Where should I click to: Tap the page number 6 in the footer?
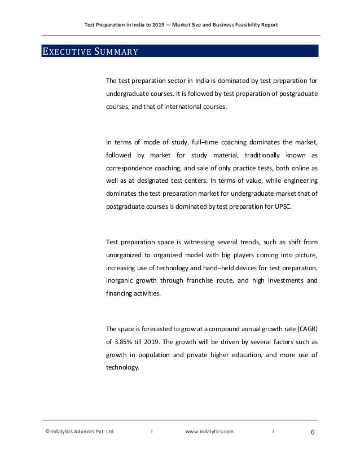(313, 433)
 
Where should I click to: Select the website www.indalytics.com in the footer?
(209, 432)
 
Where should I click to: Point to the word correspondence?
(131, 168)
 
